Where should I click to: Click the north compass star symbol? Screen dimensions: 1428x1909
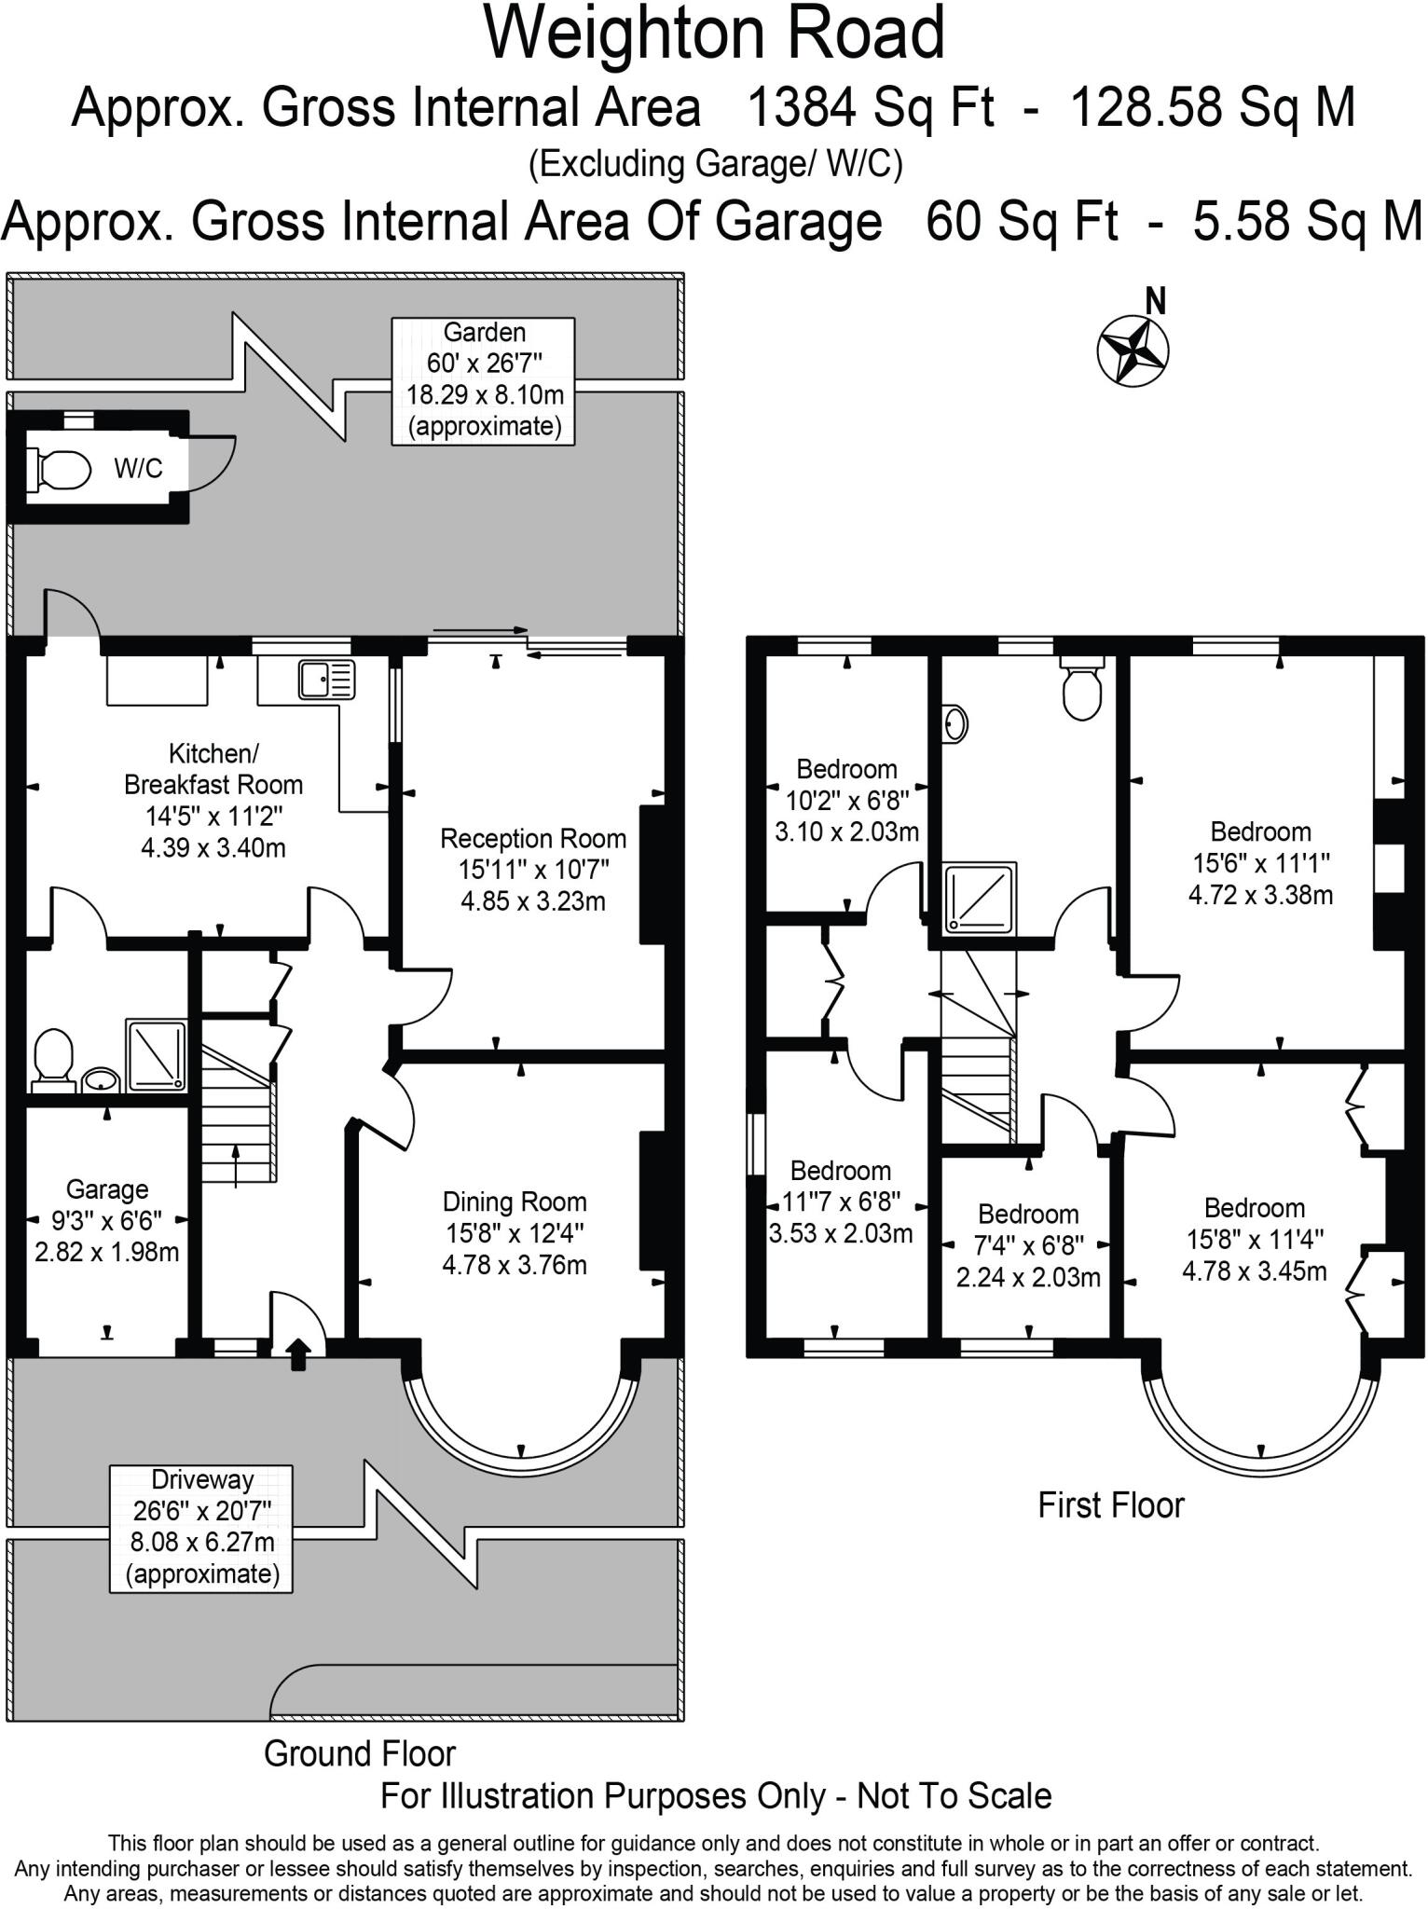point(1133,350)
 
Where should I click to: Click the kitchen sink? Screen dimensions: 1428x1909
point(326,680)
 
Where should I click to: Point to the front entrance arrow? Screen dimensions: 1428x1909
point(298,1354)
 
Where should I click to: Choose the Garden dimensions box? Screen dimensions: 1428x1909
point(484,380)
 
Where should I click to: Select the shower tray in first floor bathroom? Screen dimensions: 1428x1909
point(981,898)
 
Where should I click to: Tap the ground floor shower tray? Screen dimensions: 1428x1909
point(157,1055)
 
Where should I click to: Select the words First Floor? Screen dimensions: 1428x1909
point(1111,1505)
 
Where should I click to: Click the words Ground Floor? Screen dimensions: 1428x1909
point(360,1753)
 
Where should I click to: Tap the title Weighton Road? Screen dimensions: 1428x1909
point(715,34)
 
